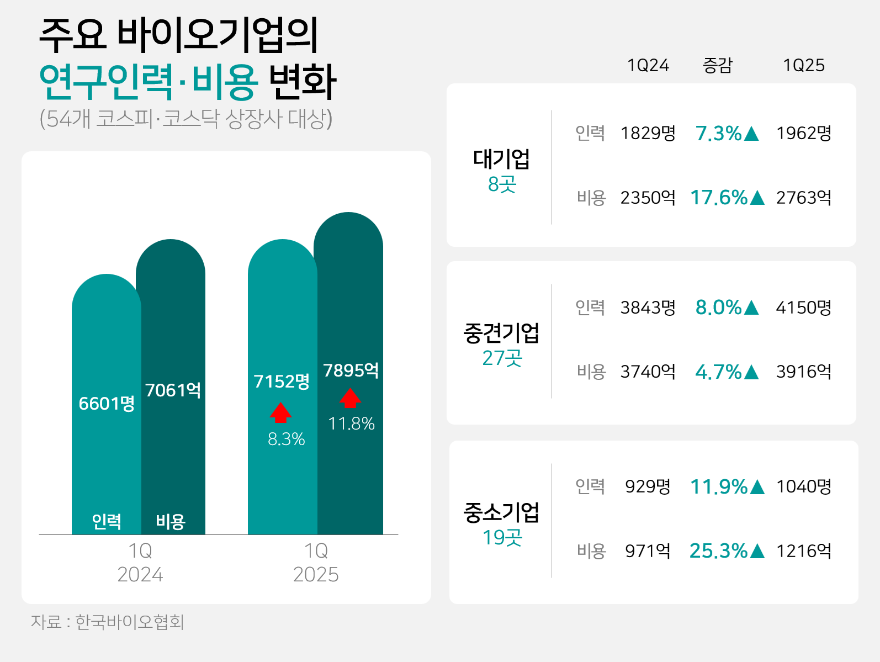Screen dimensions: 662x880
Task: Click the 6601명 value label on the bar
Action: [x=107, y=404]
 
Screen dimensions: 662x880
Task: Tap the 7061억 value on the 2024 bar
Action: [x=173, y=390]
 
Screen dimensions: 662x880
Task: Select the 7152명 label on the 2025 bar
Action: [x=282, y=382]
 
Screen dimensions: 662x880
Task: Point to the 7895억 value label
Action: [x=351, y=370]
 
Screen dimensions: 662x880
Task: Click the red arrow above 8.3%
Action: [x=280, y=412]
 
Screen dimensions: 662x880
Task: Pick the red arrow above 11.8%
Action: [x=350, y=398]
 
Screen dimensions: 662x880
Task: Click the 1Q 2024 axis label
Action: [x=140, y=563]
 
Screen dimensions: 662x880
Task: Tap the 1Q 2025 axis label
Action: [x=316, y=563]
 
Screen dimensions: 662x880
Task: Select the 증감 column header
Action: [x=717, y=65]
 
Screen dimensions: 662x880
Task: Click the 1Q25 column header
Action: [x=803, y=65]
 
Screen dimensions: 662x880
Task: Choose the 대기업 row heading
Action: [x=501, y=159]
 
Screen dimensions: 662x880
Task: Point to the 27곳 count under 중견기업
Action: [x=502, y=358]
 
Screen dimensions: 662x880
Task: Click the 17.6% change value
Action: [x=727, y=198]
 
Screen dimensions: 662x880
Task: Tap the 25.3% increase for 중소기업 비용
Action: [x=727, y=551]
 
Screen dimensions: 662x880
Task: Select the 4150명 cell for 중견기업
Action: [x=803, y=308]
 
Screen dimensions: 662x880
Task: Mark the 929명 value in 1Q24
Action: [x=648, y=486]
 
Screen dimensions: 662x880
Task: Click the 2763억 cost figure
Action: [x=803, y=198]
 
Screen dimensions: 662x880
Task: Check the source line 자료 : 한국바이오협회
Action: [x=107, y=622]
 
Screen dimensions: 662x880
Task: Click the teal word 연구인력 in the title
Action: [x=106, y=82]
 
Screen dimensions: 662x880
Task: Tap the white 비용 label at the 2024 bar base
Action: [x=171, y=521]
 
